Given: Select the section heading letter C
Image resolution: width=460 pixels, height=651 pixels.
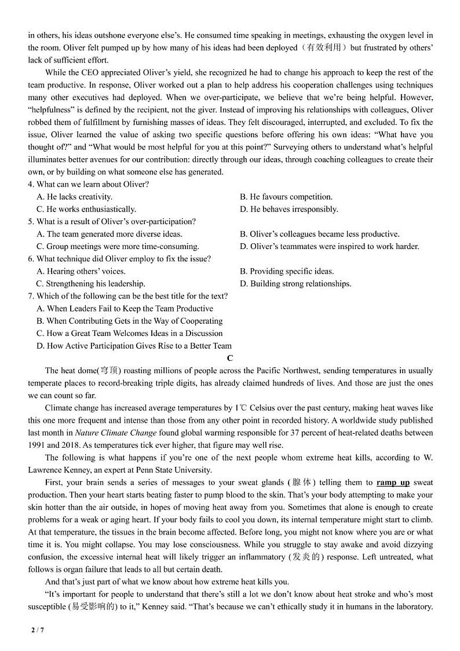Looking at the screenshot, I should [230, 359].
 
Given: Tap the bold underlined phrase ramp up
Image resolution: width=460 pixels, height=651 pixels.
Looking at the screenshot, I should [393, 482].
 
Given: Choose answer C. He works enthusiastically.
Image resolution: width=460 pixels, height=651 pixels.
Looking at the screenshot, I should [86, 209].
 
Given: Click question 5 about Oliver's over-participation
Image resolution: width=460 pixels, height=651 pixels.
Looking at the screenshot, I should [112, 221].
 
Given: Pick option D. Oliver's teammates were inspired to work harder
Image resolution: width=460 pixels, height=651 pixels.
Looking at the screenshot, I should [329, 246].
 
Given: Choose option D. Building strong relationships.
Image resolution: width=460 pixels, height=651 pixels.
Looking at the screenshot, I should [295, 284].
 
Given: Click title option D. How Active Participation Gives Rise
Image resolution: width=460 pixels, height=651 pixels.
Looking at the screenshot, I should [134, 346].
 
